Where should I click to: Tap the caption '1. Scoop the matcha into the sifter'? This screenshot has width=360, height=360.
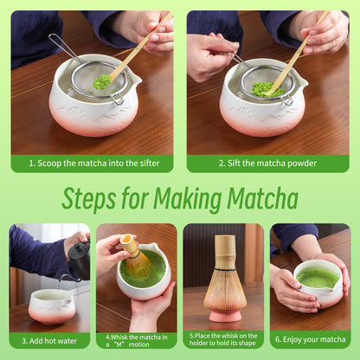pyautogui.click(x=92, y=163)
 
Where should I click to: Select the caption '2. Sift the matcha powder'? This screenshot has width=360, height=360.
pyautogui.click(x=267, y=163)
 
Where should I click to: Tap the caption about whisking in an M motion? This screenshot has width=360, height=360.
pyautogui.click(x=136, y=339)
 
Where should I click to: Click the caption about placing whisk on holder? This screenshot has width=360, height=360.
pyautogui.click(x=223, y=339)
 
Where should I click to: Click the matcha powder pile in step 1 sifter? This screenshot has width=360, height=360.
pyautogui.click(x=102, y=81)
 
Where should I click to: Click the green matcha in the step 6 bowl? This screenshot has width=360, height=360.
pyautogui.click(x=317, y=279)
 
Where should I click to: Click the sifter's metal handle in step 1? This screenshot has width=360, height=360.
pyautogui.click(x=63, y=48)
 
